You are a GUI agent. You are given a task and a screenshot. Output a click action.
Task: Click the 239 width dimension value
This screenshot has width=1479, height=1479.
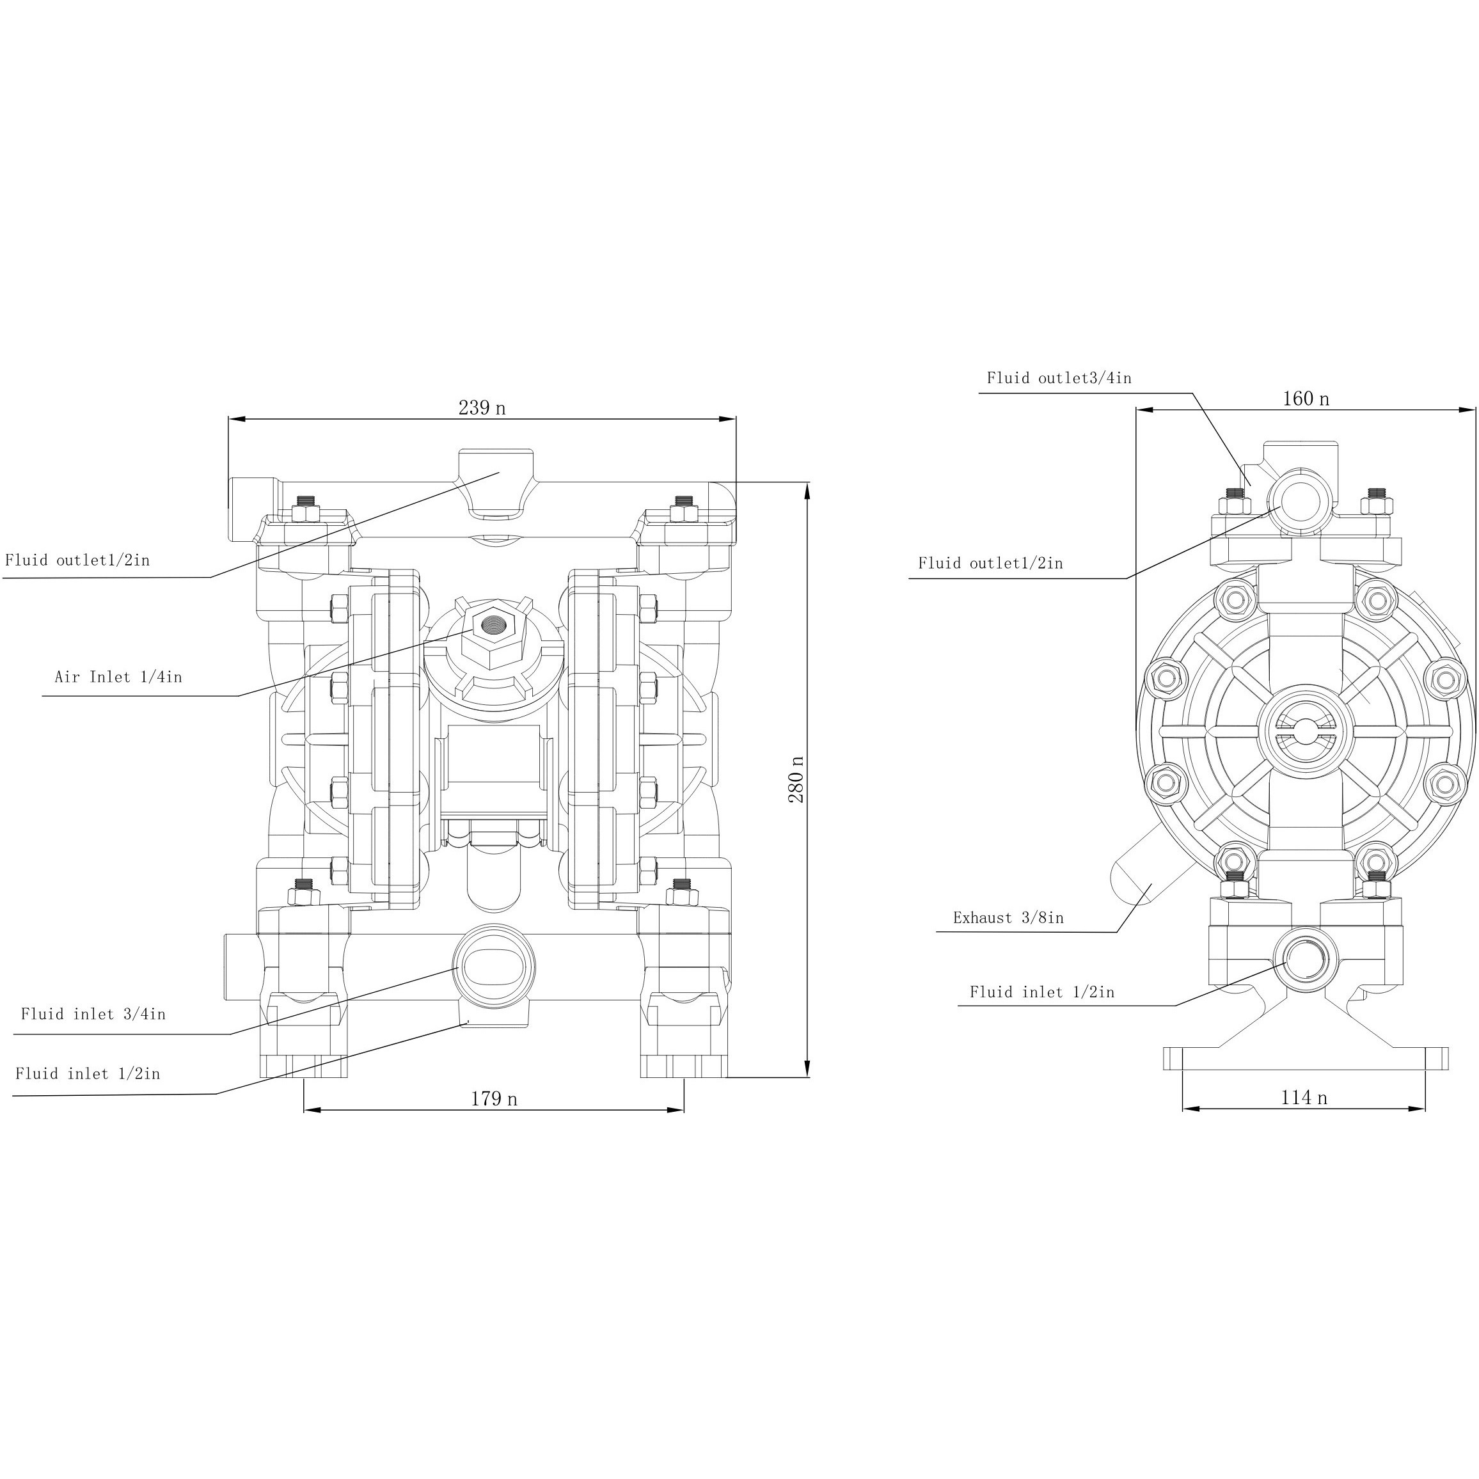(x=482, y=407)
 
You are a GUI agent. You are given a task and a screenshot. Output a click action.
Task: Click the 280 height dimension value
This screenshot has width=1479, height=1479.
(x=796, y=779)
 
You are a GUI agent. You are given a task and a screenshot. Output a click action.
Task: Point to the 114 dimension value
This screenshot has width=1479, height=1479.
(x=1304, y=1097)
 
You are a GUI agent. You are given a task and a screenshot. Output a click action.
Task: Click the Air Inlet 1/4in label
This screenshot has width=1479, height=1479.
(x=118, y=677)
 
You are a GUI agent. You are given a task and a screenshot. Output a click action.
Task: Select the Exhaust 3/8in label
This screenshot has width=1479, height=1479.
(x=1008, y=917)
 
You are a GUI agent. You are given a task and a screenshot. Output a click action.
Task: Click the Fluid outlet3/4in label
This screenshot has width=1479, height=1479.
(x=1059, y=377)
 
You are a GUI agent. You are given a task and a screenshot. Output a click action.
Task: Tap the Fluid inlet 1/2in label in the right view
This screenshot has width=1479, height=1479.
(x=1042, y=992)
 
